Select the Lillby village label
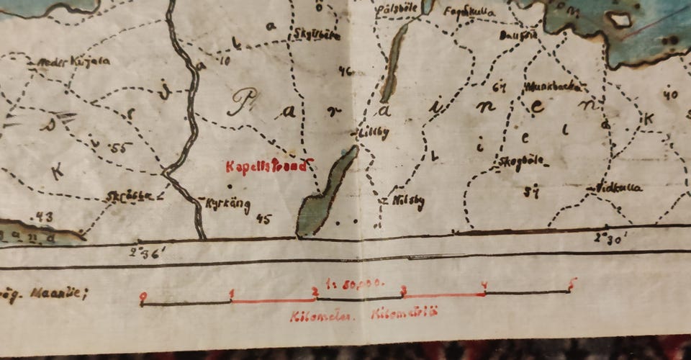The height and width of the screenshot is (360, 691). tap(374, 133)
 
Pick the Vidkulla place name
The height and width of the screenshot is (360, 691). tap(618, 188)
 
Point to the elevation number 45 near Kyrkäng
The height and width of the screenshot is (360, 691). tap(263, 219)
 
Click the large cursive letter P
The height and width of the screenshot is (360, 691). tap(243, 103)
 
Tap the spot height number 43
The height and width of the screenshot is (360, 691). tap(44, 216)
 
